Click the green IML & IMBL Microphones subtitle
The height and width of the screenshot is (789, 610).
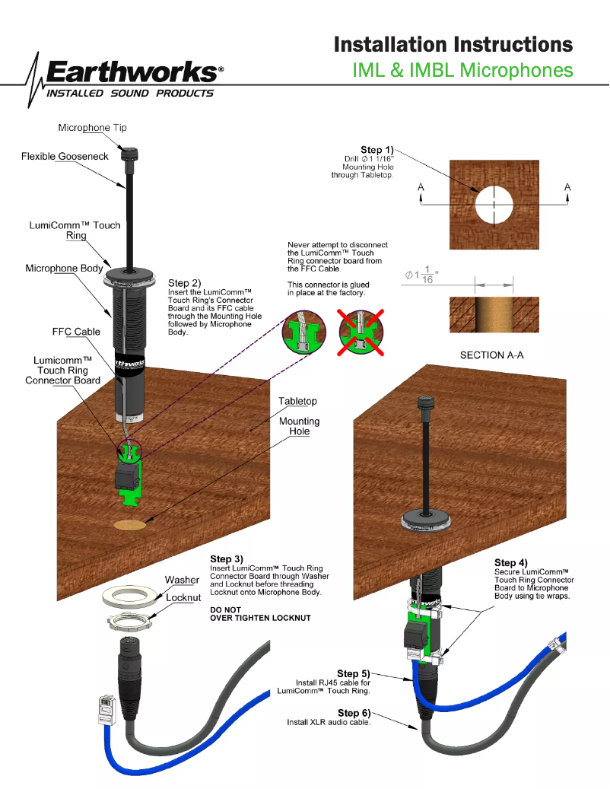click(x=462, y=70)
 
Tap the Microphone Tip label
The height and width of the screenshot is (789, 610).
click(x=92, y=128)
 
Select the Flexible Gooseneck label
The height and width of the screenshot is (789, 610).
click(x=65, y=156)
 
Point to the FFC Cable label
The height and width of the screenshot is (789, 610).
click(x=76, y=332)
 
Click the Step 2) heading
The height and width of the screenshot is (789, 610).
click(x=184, y=283)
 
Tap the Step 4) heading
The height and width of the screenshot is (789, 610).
click(x=510, y=562)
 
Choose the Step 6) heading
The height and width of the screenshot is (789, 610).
click(x=354, y=712)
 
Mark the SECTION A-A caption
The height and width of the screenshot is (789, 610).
click(x=492, y=355)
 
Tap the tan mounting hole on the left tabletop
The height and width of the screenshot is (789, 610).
click(x=130, y=524)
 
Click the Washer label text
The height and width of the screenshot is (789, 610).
click(x=182, y=581)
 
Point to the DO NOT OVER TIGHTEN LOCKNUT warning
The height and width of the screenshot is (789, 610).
click(x=260, y=614)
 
